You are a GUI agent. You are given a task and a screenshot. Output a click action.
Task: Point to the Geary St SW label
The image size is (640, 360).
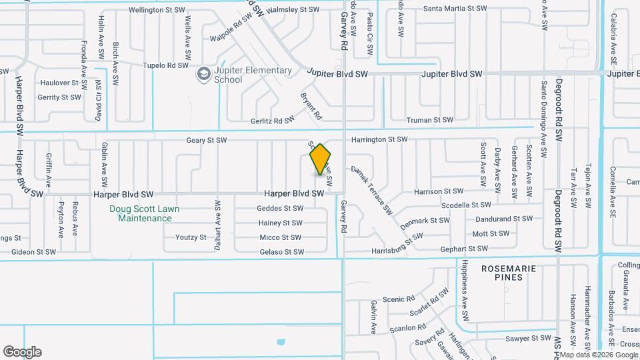coord(207,140)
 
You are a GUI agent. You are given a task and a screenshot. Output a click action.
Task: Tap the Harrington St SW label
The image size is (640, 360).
coord(379,139)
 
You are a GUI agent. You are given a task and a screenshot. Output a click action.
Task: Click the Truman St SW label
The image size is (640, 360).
coord(429,120)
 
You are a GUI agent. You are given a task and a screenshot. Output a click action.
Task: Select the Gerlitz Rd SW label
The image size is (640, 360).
coord(272,120)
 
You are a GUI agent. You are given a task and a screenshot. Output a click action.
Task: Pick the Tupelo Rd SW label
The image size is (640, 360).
coord(167,66)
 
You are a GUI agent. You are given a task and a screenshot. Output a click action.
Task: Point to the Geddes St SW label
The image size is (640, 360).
coord(280,208)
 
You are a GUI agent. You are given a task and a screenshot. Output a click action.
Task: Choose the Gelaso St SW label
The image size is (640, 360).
coord(281,252)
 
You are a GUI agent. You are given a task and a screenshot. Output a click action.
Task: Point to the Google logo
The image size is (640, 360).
coord(22,351)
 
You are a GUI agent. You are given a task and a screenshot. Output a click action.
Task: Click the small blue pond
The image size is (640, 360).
coord(281,343)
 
